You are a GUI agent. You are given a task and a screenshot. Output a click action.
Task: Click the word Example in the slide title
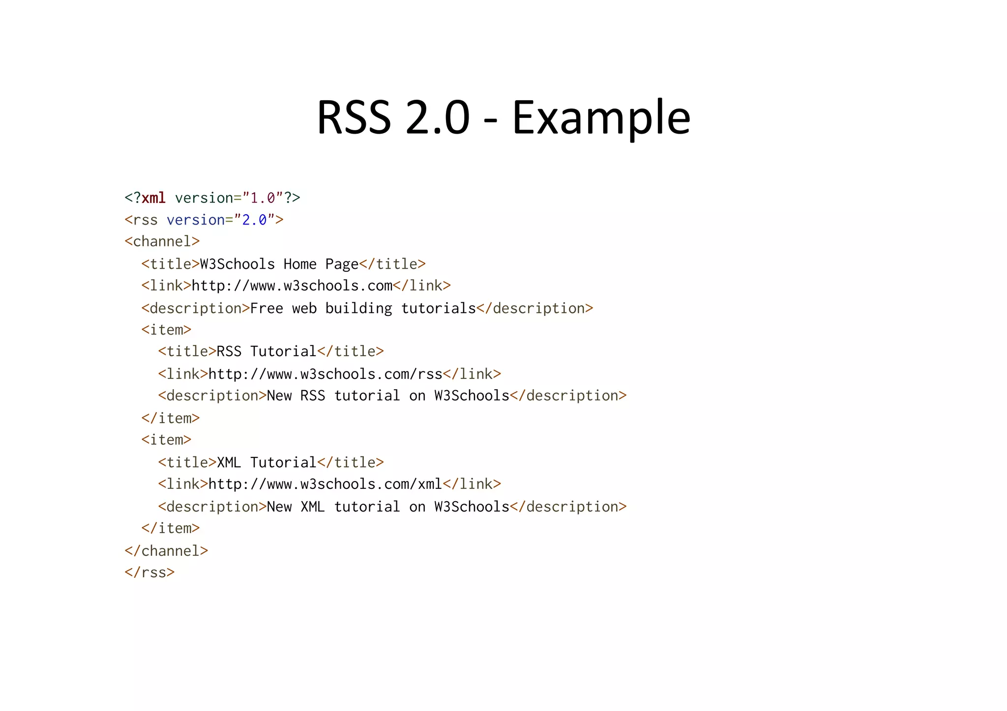601,118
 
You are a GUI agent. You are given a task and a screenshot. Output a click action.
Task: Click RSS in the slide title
354,118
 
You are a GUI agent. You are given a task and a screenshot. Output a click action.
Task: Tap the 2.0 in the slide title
438,118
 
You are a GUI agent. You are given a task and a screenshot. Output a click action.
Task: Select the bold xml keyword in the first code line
153,198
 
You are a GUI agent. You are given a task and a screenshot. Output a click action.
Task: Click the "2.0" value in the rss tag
254,220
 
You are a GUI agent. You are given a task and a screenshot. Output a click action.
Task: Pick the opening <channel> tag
162,241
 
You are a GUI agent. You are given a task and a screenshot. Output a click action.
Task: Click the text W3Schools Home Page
279,264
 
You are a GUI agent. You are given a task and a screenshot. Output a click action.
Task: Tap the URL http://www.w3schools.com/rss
325,374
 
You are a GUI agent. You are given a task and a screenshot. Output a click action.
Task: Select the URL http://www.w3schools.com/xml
325,484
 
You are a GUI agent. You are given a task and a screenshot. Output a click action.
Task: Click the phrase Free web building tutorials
363,308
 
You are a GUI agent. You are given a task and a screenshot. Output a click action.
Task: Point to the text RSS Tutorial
267,351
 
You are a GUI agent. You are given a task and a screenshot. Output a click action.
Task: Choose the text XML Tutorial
267,462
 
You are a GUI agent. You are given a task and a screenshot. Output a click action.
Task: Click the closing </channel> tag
166,551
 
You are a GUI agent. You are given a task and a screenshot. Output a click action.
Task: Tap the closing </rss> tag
149,572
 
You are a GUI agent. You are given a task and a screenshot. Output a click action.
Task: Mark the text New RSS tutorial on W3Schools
388,396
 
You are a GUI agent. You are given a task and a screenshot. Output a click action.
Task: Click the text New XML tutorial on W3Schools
388,507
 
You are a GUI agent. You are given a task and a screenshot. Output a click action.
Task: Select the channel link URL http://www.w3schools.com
292,285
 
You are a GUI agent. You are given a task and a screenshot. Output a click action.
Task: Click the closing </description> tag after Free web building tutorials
535,308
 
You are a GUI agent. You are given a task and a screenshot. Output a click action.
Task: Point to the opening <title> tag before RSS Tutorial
187,351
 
